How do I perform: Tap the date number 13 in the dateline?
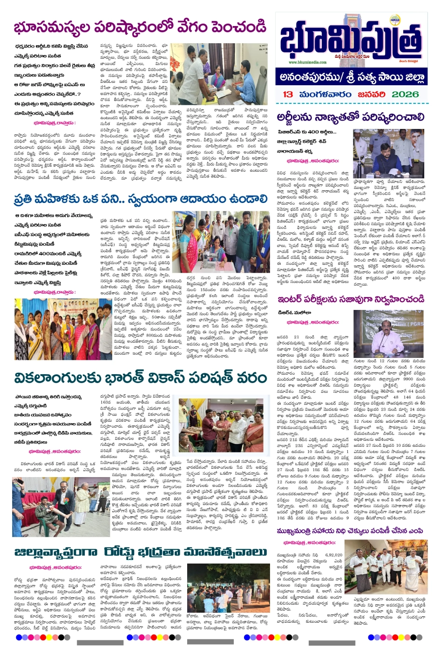(288, 94)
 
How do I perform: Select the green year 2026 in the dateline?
(405, 94)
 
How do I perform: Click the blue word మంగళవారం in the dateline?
(325, 94)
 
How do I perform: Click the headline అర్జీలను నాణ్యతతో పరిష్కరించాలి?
(350, 116)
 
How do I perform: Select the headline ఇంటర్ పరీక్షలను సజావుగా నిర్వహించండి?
(351, 298)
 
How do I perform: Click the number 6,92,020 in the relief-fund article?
(333, 555)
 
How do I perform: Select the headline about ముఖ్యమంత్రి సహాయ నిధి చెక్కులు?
(350, 531)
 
